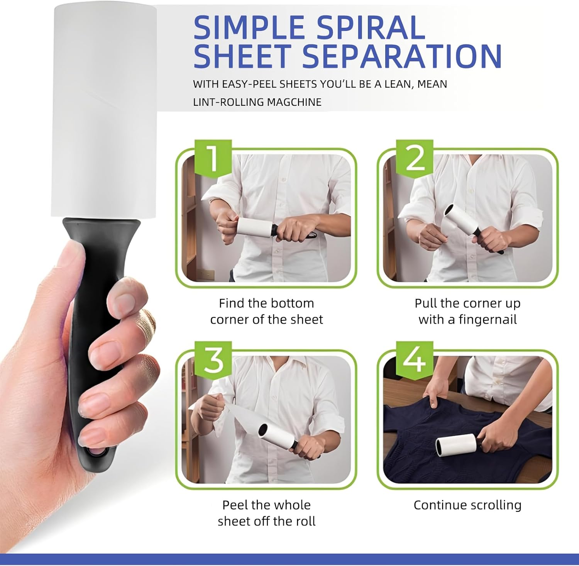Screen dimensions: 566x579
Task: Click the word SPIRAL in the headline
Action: click(371, 28)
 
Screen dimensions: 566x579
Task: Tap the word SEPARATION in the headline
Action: click(401, 56)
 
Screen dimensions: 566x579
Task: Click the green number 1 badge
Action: click(213, 158)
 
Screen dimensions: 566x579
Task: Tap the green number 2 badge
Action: click(415, 158)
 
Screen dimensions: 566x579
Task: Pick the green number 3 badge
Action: click(213, 359)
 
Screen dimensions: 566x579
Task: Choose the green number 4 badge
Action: click(415, 359)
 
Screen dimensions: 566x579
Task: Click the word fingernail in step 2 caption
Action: click(488, 320)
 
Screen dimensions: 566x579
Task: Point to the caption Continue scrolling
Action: click(467, 505)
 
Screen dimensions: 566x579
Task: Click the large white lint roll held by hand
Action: click(103, 112)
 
